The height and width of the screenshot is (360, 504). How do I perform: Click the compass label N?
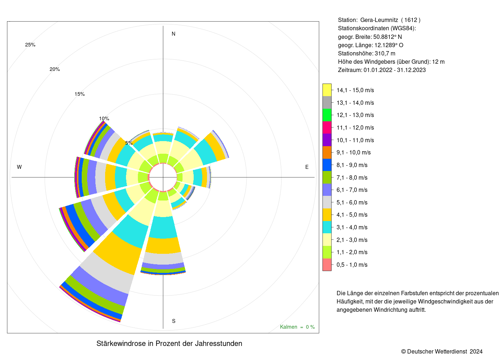[173, 34]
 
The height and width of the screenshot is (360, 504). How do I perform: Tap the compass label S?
[174, 321]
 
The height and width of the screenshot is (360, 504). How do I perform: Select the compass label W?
[19, 167]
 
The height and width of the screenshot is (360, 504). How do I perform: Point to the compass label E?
[307, 167]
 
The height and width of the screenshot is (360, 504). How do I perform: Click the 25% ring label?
[30, 45]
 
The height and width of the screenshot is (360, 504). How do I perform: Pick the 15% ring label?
[80, 94]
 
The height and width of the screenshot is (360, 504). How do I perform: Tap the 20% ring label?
[55, 69]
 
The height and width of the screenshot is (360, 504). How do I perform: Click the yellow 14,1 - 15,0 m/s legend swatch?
[327, 90]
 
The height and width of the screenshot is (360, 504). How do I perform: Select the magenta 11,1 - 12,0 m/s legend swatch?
[327, 127]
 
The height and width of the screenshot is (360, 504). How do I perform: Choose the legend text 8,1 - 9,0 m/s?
[352, 165]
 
